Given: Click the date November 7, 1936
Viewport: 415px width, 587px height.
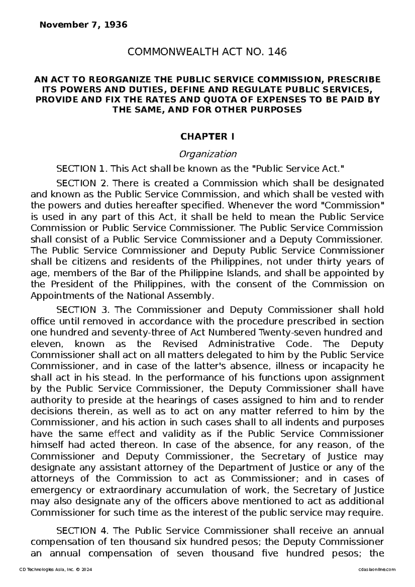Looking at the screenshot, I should tap(84, 25).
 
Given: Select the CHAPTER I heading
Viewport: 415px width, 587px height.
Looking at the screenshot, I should tap(207, 137).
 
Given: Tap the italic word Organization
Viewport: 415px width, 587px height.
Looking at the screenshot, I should tap(207, 153).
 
